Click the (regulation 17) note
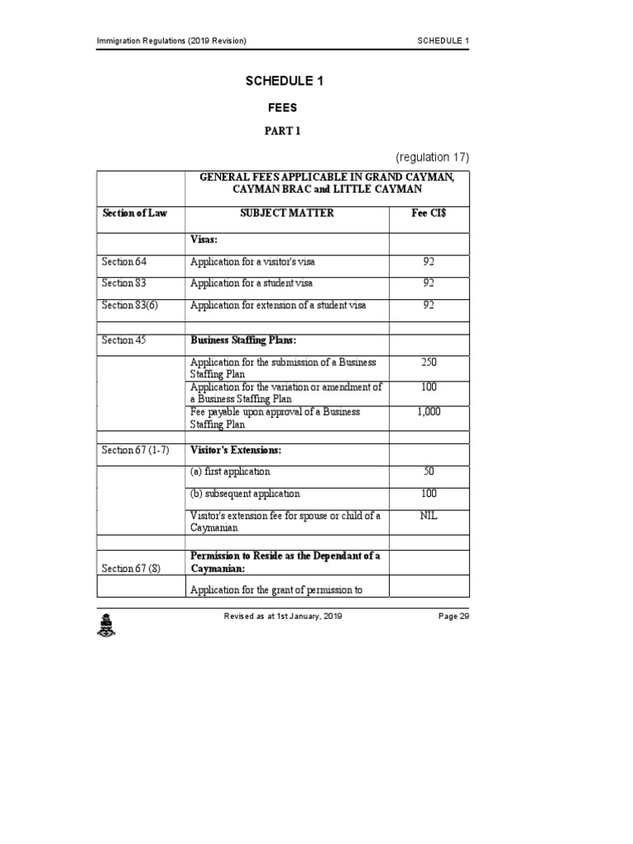tap(433, 157)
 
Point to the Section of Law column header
tap(134, 213)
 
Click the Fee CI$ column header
tap(429, 213)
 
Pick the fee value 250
tap(429, 363)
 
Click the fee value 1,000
tap(429, 412)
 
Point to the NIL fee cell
tap(429, 516)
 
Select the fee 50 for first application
tap(429, 471)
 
